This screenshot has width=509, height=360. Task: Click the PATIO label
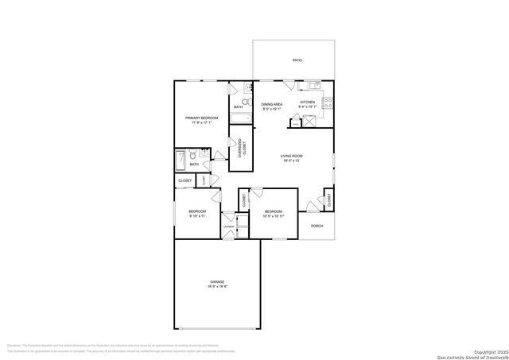(297, 60)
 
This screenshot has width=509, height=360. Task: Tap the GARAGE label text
(217, 282)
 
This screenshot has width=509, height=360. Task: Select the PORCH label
(317, 226)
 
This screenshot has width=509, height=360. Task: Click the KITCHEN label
(307, 103)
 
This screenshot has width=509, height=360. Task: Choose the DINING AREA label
(273, 104)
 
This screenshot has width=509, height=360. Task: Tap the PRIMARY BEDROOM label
(202, 118)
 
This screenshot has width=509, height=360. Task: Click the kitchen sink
(314, 85)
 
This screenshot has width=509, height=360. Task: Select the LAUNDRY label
(228, 226)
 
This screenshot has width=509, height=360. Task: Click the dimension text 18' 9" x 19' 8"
(217, 288)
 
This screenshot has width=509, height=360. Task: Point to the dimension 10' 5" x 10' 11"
(273, 216)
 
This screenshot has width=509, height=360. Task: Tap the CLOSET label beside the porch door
(328, 199)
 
